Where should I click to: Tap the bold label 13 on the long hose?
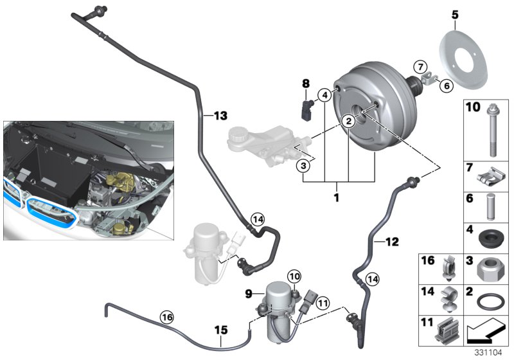coord(220,116)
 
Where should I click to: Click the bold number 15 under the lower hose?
coord(220,330)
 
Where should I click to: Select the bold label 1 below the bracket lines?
coord(335,197)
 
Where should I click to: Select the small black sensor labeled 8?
coord(306,107)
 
